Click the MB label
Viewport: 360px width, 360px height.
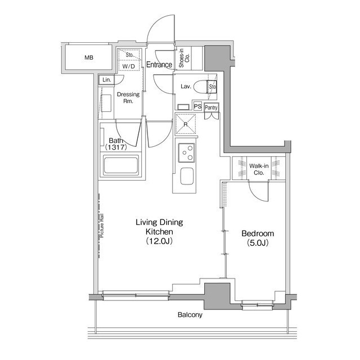click(89, 57)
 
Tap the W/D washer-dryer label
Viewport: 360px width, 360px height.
click(129, 66)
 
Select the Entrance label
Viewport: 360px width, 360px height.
click(159, 65)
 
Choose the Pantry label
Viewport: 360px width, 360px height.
click(211, 107)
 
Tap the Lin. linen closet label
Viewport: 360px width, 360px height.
click(107, 80)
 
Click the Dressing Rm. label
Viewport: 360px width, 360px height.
click(128, 98)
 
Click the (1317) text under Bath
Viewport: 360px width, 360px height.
click(115, 147)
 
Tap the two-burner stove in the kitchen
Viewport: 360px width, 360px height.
click(186, 150)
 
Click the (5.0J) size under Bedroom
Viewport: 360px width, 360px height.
click(258, 243)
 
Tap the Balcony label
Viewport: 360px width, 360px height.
click(189, 315)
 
